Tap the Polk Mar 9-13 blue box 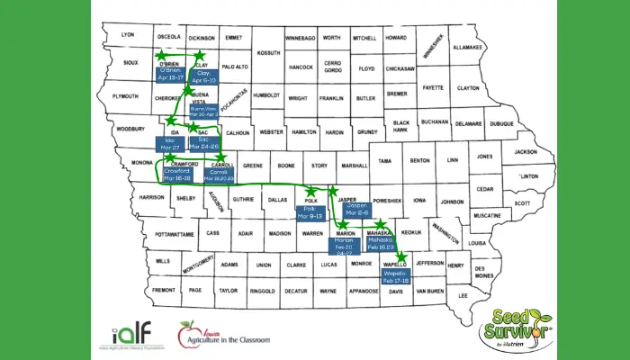click(x=310, y=213)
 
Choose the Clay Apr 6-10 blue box click(x=204, y=76)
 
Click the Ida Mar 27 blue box click(x=169, y=144)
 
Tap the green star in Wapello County click(x=400, y=256)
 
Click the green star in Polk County click(x=311, y=192)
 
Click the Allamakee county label click(x=467, y=46)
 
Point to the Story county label click(x=319, y=166)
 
